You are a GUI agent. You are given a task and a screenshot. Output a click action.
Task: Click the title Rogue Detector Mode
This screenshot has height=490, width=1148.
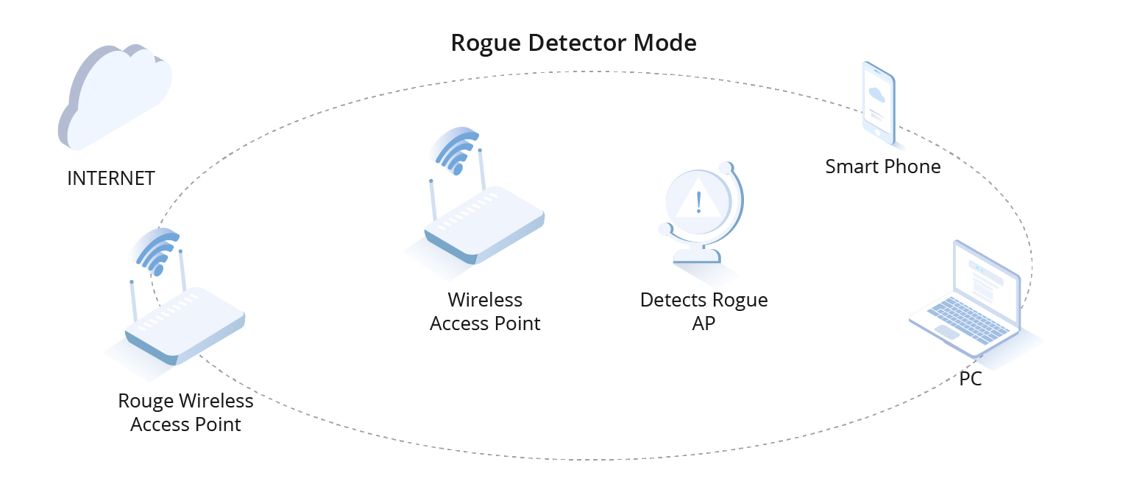(573, 43)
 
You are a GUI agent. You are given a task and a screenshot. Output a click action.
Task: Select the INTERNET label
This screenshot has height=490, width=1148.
(110, 178)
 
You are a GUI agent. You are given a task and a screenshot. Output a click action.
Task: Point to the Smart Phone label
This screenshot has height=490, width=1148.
(882, 167)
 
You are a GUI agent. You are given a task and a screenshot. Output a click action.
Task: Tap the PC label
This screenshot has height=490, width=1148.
(970, 380)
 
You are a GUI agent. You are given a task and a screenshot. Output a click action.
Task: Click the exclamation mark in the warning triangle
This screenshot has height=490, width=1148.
(698, 200)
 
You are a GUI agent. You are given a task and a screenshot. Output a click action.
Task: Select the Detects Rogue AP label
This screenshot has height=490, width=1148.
(704, 311)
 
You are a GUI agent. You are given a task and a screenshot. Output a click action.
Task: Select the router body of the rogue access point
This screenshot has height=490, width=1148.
(184, 325)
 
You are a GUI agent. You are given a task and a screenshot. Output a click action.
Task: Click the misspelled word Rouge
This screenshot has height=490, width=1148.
(146, 402)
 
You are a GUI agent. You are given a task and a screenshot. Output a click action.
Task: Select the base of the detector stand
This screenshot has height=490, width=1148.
(695, 256)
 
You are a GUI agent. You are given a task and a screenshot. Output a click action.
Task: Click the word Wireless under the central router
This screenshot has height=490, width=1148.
(485, 300)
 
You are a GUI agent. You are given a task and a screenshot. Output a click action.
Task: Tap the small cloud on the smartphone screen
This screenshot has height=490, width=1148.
(876, 94)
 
